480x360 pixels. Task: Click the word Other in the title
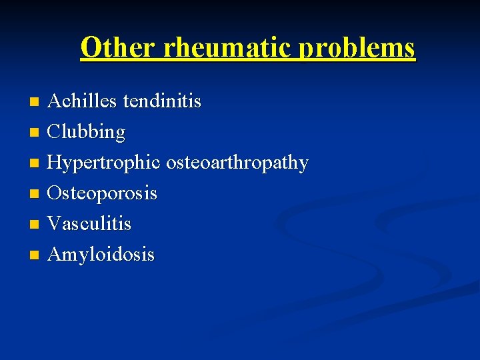pos(117,47)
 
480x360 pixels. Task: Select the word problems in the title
pos(357,47)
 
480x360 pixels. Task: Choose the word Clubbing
pos(87,133)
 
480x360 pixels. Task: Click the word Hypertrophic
pos(105,163)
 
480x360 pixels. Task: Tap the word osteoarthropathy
pos(237,163)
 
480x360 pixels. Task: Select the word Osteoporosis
pos(103,193)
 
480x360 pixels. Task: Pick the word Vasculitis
pos(90,224)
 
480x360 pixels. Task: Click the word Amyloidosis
pos(101,255)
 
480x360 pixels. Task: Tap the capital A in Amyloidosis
pos(55,254)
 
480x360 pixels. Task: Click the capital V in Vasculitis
pos(55,224)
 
